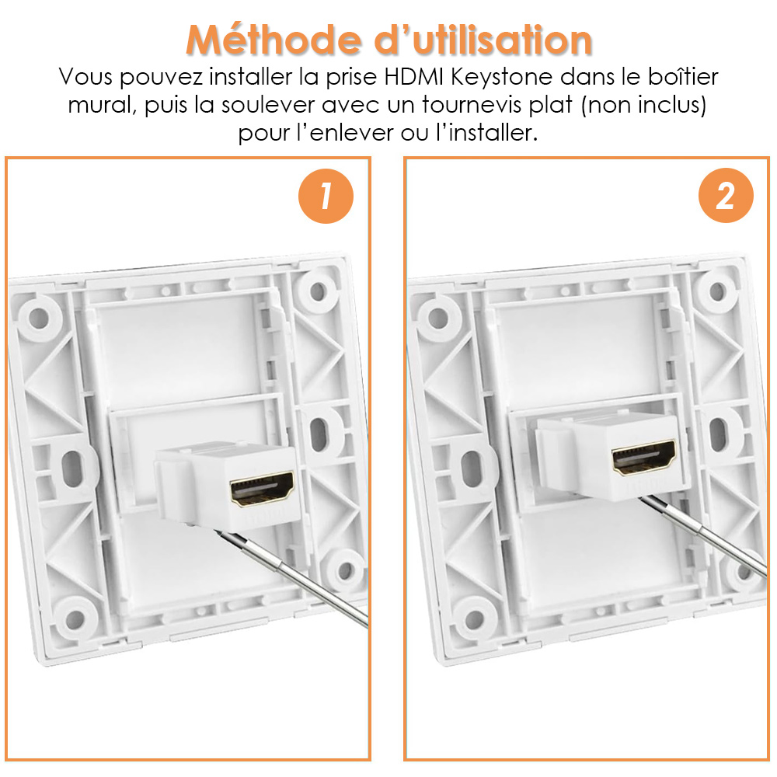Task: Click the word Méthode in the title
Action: pyautogui.click(x=274, y=39)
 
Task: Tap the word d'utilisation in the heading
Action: pyautogui.click(x=483, y=39)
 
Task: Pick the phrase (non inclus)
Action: pyautogui.click(x=643, y=106)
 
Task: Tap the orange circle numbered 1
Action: pyautogui.click(x=326, y=196)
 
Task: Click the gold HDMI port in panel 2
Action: pyautogui.click(x=643, y=457)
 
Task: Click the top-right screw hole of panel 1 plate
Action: pyautogui.click(x=318, y=291)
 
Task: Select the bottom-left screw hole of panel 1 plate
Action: pyautogui.click(x=75, y=618)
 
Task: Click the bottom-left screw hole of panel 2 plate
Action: pyautogui.click(x=475, y=618)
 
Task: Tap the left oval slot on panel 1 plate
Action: pyautogui.click(x=72, y=469)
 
